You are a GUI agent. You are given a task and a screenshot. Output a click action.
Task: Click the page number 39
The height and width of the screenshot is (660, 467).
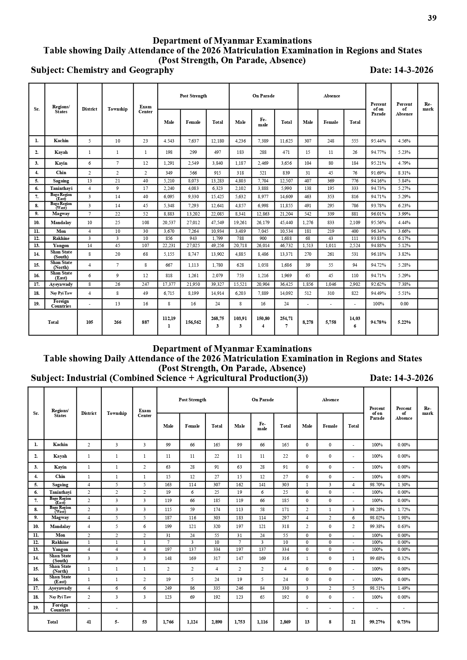432,18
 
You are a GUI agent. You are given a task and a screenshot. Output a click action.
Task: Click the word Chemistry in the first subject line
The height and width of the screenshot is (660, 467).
85,70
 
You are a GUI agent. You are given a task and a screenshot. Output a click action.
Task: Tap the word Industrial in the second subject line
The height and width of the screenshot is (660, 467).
87,378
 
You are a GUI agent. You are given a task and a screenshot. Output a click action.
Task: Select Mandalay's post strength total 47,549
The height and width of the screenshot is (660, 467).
218,223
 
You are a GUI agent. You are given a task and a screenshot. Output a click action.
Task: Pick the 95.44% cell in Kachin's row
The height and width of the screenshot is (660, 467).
378,141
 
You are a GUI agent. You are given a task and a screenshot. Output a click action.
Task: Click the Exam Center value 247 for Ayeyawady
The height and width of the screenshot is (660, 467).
145,284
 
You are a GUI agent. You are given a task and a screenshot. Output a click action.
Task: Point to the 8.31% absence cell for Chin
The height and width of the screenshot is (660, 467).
404,173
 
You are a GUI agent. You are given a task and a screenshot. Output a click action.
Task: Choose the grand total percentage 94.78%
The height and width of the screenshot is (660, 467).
378,322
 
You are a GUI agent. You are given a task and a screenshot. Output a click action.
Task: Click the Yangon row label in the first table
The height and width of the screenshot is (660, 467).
61,246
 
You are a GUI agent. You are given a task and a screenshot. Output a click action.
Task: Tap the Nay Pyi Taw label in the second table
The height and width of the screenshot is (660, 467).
60,597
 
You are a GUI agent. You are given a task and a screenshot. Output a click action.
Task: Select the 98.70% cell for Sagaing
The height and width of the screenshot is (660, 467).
377,485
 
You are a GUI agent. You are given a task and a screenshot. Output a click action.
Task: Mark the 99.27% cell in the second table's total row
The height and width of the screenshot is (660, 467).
377,622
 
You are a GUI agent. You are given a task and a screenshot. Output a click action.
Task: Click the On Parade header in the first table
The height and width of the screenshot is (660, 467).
263,96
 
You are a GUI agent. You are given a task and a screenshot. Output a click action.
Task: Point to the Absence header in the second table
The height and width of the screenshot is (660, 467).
330,400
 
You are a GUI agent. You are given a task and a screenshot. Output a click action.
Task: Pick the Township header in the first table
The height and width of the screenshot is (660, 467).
117,109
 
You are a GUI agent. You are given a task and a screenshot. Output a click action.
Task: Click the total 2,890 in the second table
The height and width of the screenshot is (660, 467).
217,622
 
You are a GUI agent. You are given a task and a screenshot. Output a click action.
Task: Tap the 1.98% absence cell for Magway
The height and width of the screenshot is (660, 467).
404,517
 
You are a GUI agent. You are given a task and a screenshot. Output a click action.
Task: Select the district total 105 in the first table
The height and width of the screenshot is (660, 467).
90,322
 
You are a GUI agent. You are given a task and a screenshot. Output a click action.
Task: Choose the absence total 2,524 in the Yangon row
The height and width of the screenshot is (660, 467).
355,246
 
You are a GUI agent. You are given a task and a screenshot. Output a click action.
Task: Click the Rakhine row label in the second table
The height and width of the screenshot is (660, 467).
60,542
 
